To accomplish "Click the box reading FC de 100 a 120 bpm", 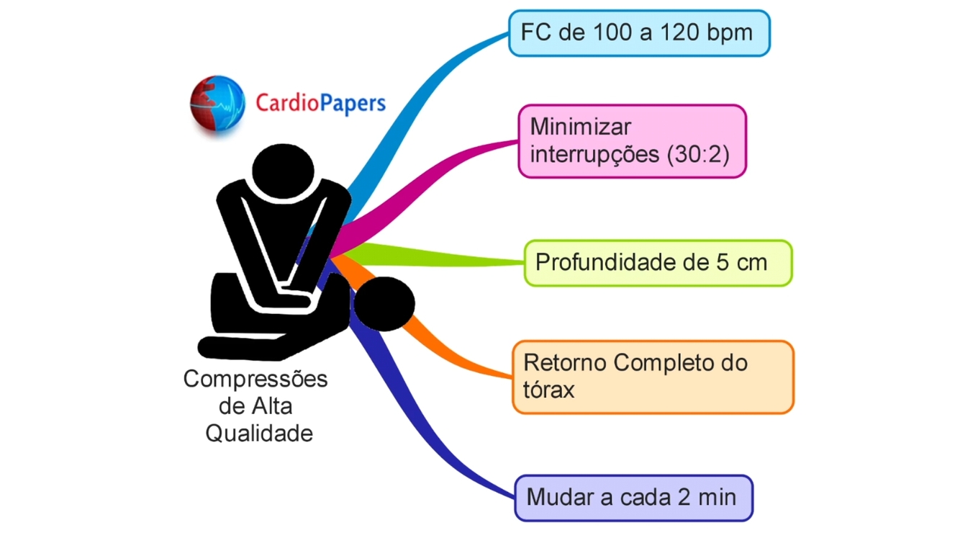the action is point(639,33).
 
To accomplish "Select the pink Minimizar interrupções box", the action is point(632,141).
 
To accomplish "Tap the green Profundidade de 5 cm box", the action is point(658,263).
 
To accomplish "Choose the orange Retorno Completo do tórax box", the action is point(653,377).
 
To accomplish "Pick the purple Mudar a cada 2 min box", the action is point(633,497).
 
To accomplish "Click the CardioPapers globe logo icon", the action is point(218,103).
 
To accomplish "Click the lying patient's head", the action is point(383,303).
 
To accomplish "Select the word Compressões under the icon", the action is point(255,379).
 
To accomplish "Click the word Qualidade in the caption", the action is point(259,434).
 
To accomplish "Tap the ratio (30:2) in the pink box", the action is point(698,154).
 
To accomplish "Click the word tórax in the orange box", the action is point(549,390).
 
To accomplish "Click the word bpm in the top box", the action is point(728,33).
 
